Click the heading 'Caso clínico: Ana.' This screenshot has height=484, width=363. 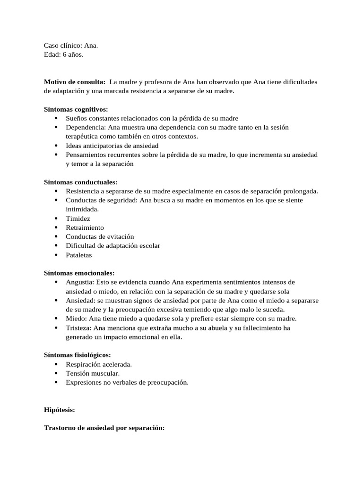point(71,45)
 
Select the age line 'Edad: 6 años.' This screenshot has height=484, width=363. point(63,54)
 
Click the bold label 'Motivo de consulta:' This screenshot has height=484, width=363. point(74,82)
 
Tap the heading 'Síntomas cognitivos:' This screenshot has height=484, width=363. point(76,109)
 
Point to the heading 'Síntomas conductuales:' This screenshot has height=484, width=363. point(80,182)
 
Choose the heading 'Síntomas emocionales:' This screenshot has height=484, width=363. point(79,273)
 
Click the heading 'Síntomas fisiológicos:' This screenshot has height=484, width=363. point(78,355)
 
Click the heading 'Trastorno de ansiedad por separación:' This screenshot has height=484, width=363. point(104,428)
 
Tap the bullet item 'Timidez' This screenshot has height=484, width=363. point(78,218)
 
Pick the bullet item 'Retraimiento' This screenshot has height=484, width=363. point(85,227)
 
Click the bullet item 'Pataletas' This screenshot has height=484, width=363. point(79,255)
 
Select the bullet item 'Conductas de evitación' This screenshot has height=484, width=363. point(100,236)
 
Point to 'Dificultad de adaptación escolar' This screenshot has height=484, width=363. point(113,246)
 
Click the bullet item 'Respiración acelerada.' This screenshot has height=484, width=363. point(99,364)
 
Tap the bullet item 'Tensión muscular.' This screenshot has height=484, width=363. point(89,373)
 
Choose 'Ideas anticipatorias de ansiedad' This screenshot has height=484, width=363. point(112,146)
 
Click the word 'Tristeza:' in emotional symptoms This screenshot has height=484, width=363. point(79,328)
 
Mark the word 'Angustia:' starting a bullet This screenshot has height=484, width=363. point(80,282)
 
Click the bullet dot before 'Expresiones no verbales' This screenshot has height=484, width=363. point(56,382)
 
